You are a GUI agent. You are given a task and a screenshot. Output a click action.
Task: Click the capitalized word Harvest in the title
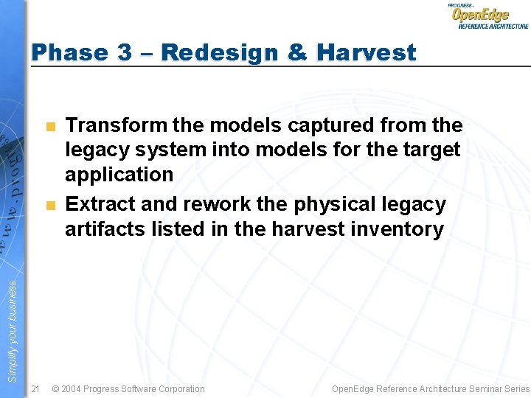[x=366, y=52]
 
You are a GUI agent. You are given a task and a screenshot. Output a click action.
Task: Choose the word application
[x=119, y=175]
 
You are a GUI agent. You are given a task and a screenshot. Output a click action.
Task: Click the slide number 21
[x=35, y=388]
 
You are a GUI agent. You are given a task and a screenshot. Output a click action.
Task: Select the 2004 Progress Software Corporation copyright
[x=128, y=388]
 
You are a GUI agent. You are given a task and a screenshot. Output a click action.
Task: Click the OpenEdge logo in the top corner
[x=487, y=15]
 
